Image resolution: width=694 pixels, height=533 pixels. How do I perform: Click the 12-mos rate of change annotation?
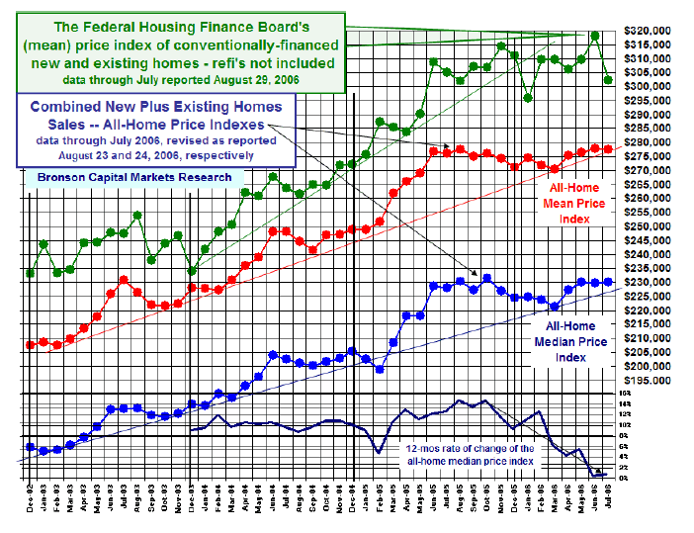(471, 454)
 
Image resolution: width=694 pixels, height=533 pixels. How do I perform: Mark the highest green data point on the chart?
(594, 36)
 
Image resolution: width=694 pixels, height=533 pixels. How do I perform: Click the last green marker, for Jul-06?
(608, 79)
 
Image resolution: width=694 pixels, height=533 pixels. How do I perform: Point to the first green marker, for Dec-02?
(31, 273)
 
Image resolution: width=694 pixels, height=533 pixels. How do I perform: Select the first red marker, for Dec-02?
(31, 344)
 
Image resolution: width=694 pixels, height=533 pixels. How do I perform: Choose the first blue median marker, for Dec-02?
(31, 447)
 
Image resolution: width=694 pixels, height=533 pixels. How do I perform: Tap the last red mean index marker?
(608, 149)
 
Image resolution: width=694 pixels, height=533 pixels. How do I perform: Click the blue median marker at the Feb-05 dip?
(380, 369)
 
